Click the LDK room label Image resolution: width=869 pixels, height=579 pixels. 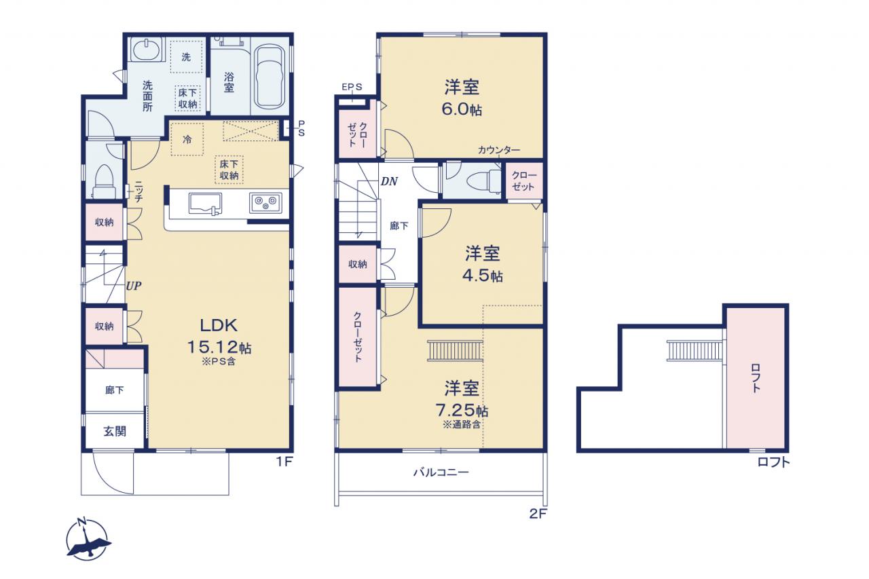point(219,325)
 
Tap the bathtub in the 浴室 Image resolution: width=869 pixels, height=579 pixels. point(270,77)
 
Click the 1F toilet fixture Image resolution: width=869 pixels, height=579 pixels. point(104,181)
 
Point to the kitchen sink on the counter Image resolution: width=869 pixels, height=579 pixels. point(206,204)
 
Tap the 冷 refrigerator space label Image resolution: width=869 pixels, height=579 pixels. point(187,139)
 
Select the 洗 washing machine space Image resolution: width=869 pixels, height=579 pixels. point(187,57)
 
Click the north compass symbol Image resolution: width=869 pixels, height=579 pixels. point(88,540)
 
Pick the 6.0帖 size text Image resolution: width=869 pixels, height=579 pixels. point(462,109)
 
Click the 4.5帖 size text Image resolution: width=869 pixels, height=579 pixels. point(483,276)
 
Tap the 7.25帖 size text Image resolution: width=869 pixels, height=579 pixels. point(461,409)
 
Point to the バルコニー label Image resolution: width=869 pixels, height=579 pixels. point(441,472)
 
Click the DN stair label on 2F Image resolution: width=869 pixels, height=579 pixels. point(389,181)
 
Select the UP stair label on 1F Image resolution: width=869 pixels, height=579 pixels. point(134,286)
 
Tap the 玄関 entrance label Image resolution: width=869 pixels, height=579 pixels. point(115,431)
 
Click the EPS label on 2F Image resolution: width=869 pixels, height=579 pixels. point(352,87)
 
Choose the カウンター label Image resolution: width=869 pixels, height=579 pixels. point(498,150)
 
